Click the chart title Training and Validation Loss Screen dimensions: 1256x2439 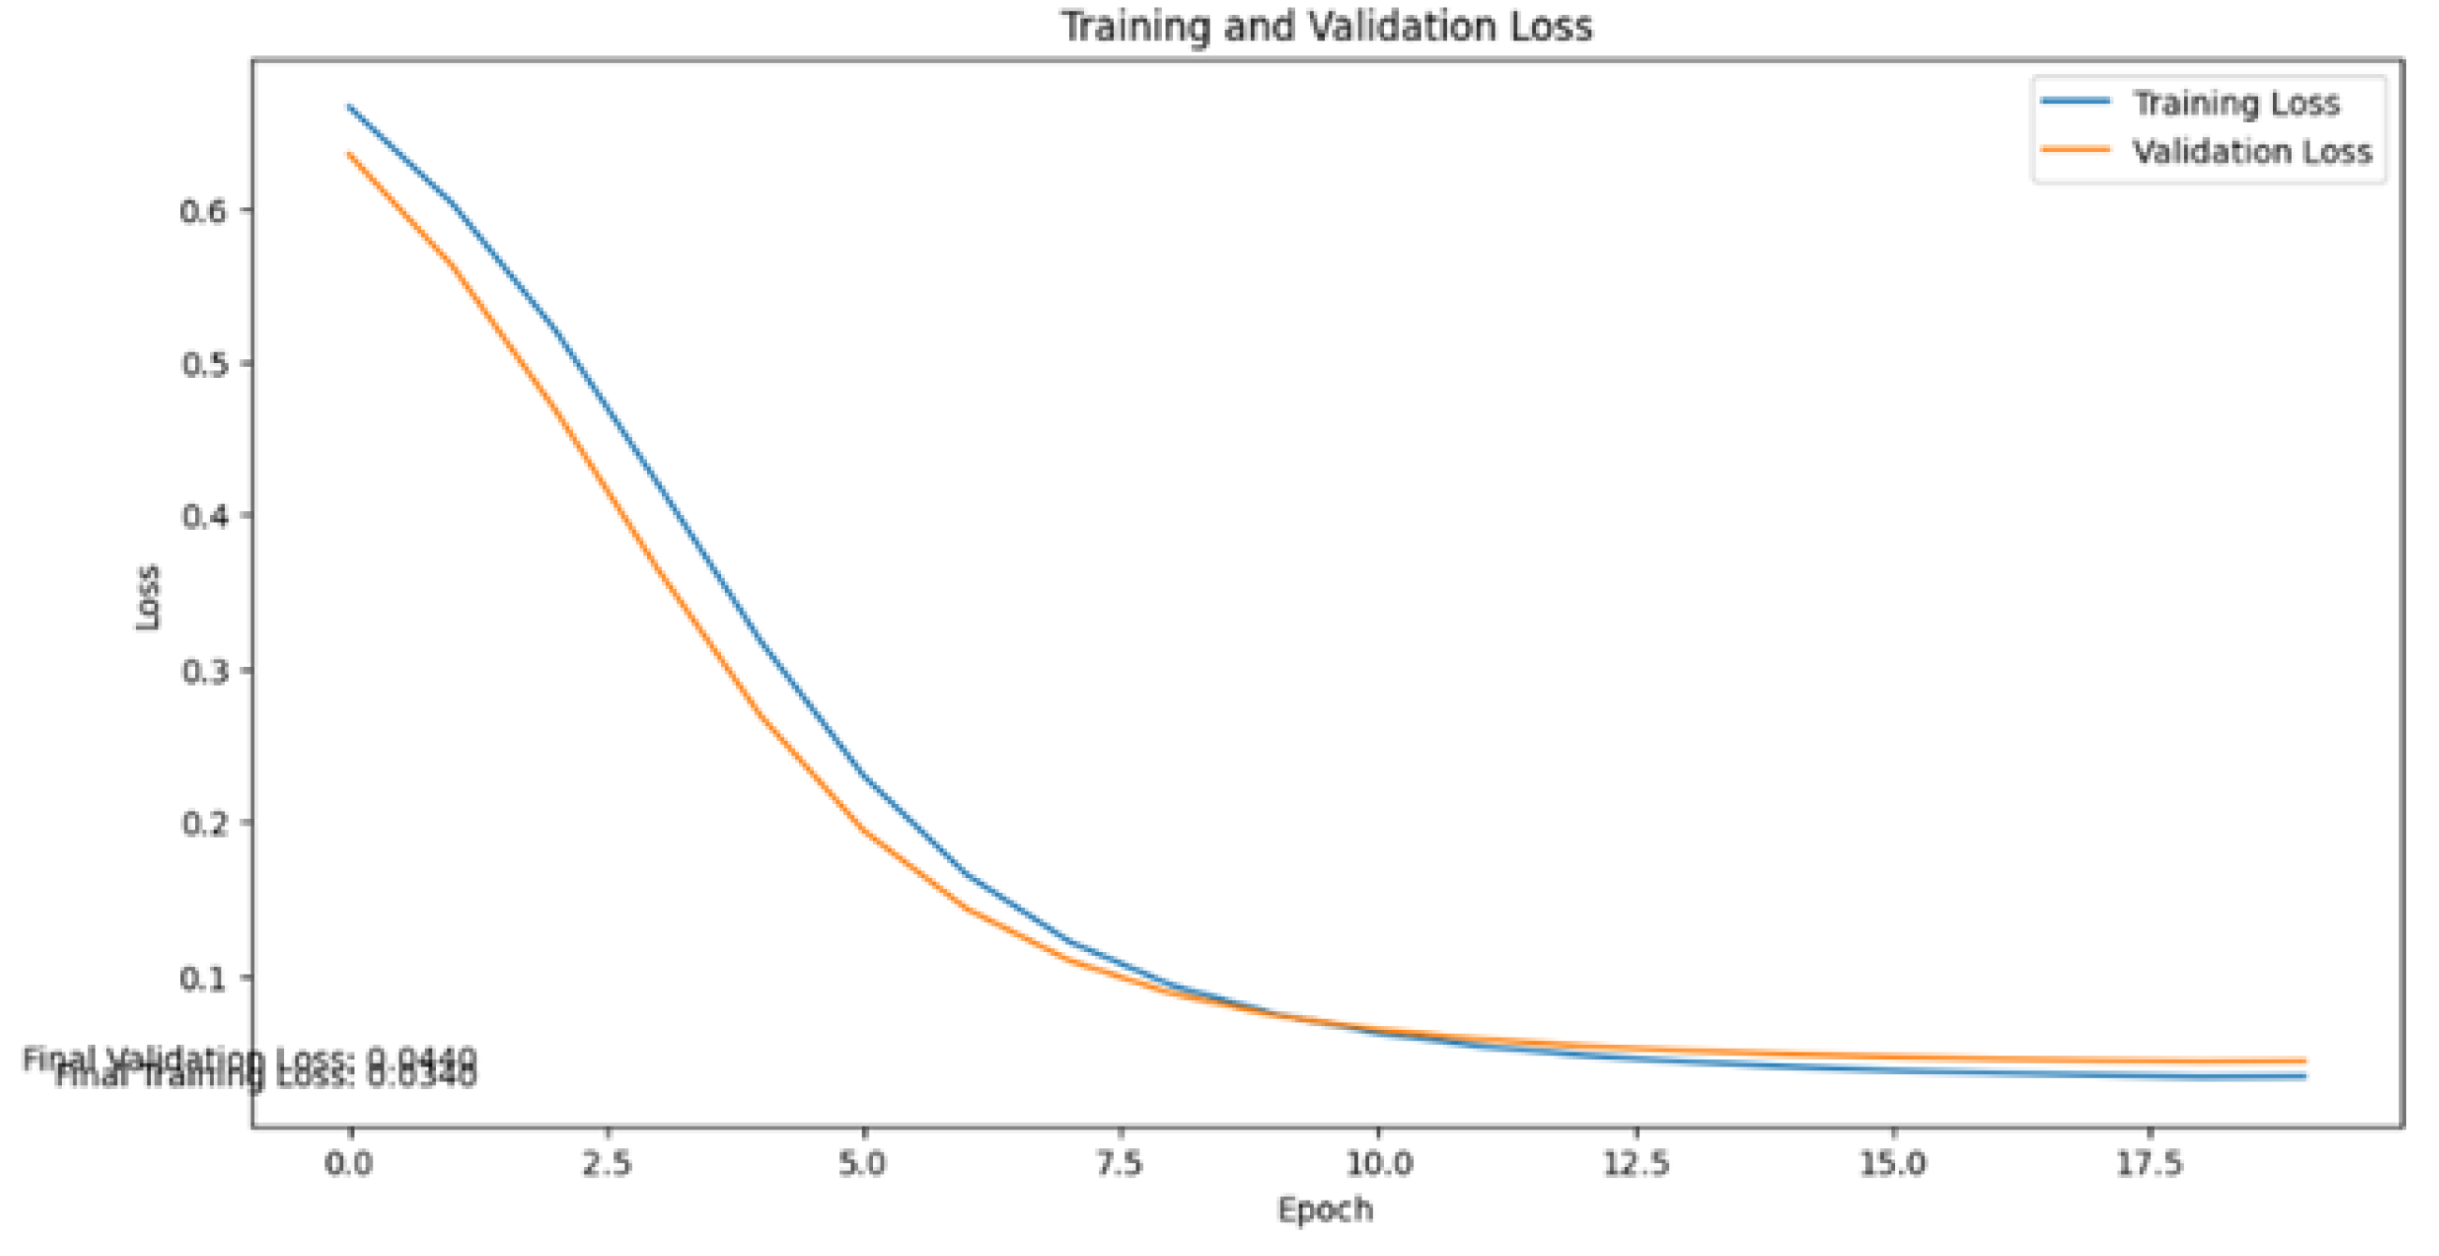click(x=1326, y=26)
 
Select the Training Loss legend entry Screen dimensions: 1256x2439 click(x=2236, y=102)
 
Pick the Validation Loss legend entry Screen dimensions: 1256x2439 click(x=2251, y=152)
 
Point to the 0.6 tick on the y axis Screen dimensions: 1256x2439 click(x=203, y=210)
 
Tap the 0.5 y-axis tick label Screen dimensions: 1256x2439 click(x=203, y=364)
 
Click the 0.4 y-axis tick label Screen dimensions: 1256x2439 click(x=203, y=517)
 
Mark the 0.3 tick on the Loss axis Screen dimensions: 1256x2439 click(x=203, y=671)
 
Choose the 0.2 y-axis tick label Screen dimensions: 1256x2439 click(x=203, y=824)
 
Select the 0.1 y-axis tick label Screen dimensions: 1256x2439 click(x=203, y=976)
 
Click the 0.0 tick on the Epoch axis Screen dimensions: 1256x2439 click(x=350, y=1163)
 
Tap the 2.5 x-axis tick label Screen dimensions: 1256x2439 click(x=607, y=1163)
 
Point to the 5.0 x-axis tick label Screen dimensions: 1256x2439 click(x=864, y=1163)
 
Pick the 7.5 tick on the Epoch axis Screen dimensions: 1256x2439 click(x=1121, y=1163)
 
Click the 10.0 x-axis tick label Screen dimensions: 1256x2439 click(x=1378, y=1163)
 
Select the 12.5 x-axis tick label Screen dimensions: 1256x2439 click(x=1636, y=1163)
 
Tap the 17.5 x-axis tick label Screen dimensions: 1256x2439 click(x=2150, y=1163)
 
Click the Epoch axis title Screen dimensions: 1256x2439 click(x=1326, y=1210)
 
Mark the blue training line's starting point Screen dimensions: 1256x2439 click(x=350, y=107)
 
